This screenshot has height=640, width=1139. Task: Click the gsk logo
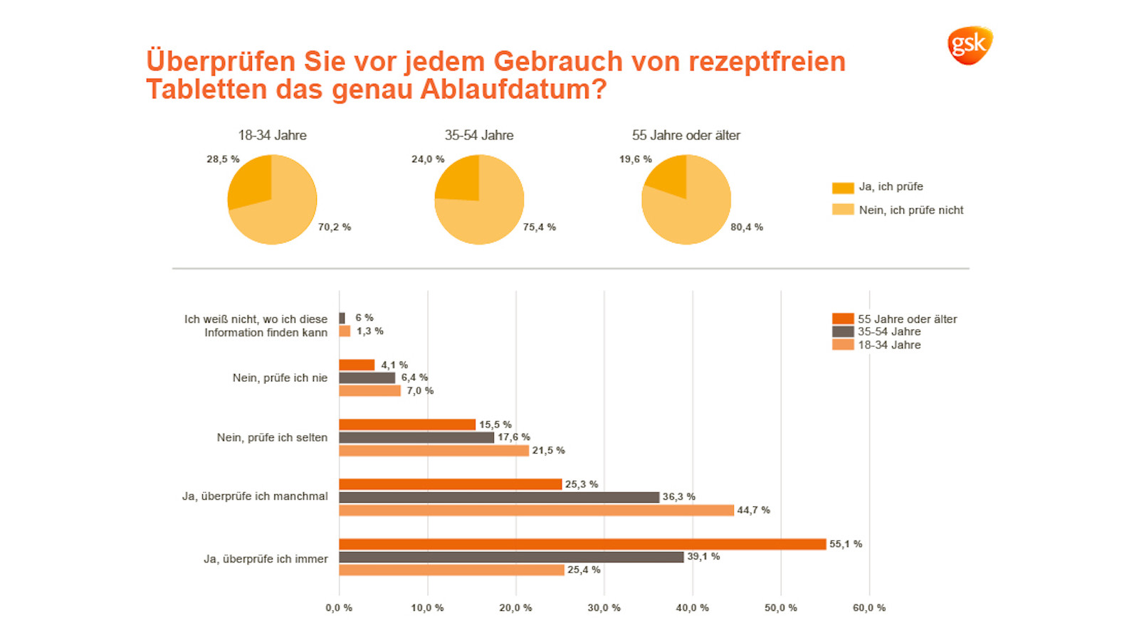click(x=969, y=46)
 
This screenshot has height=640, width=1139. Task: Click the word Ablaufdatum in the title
click(x=513, y=90)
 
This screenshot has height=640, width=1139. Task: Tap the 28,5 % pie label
click(x=223, y=159)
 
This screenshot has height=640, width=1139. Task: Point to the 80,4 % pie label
click(x=746, y=228)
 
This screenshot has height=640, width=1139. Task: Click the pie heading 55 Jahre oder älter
click(x=686, y=135)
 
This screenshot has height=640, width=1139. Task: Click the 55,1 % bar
click(x=582, y=544)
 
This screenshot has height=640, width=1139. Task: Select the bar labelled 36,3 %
click(x=499, y=497)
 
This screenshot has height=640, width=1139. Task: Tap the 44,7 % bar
click(x=536, y=510)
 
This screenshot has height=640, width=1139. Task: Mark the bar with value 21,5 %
click(x=434, y=450)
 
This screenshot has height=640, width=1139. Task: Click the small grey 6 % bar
click(x=342, y=318)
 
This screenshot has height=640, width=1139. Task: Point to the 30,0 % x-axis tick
click(x=604, y=608)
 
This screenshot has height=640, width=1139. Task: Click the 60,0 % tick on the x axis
click(x=868, y=608)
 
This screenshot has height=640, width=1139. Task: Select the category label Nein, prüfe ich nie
click(x=280, y=378)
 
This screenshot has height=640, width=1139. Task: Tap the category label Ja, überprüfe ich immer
click(x=266, y=559)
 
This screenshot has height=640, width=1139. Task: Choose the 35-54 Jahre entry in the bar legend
click(x=888, y=331)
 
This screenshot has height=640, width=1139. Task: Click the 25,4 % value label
click(x=584, y=570)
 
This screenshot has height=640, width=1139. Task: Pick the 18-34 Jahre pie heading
click(x=272, y=135)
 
